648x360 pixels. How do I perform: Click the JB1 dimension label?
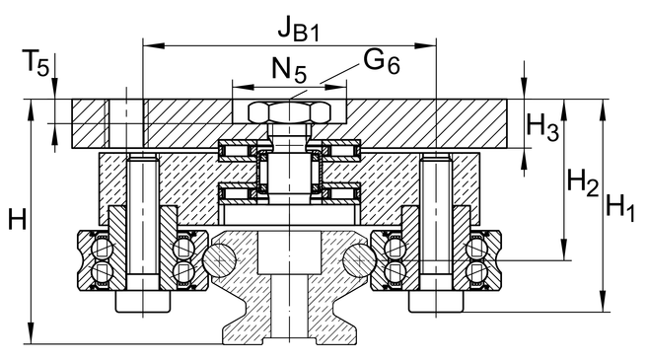(299, 29)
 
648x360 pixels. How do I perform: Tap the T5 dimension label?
(38, 64)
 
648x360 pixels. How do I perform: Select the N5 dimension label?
(289, 70)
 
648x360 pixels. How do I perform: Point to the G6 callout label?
(382, 62)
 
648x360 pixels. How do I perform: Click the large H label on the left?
(18, 219)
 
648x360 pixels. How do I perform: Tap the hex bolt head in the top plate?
(289, 112)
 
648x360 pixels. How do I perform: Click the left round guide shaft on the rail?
(219, 260)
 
